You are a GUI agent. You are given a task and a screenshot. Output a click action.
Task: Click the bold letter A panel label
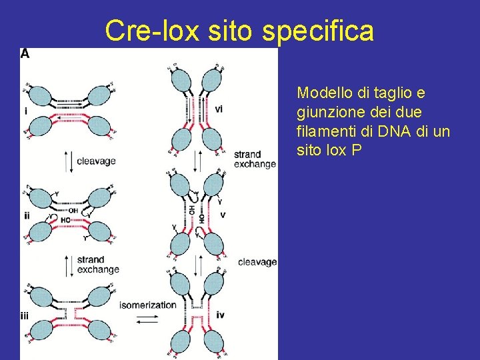point(25,53)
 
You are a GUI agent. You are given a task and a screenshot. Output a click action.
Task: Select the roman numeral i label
point(25,111)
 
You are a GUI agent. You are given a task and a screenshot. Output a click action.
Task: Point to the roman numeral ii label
point(26,215)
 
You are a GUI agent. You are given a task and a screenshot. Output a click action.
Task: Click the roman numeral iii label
point(25,317)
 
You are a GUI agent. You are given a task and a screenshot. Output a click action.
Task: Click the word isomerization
point(148,305)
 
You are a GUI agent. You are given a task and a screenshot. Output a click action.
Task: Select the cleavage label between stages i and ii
point(96,161)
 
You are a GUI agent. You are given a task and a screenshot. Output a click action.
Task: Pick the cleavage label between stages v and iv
point(257,262)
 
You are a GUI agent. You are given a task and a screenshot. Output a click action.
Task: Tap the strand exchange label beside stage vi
point(255,159)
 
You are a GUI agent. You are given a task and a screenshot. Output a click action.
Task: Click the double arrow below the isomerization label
point(147,319)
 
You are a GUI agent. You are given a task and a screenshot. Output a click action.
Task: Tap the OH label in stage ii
point(74,211)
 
